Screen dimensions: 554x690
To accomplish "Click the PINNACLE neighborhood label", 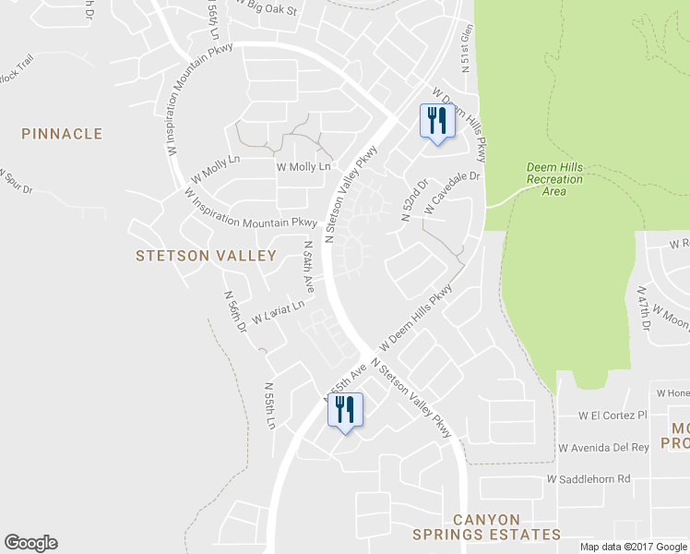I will tap(63, 134).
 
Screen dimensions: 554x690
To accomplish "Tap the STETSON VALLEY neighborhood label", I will tap(206, 255).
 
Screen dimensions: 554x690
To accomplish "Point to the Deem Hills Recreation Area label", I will tap(554, 179).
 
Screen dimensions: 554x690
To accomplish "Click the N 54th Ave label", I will tap(310, 269).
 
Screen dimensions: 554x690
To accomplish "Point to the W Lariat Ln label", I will tap(278, 314).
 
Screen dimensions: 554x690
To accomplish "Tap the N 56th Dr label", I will tap(234, 311).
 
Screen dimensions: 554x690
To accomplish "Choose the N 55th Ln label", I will tap(270, 405).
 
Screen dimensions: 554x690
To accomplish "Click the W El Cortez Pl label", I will tap(613, 415).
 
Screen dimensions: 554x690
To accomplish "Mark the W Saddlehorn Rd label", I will tap(588, 479).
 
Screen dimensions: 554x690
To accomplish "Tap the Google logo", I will tap(30, 543).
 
